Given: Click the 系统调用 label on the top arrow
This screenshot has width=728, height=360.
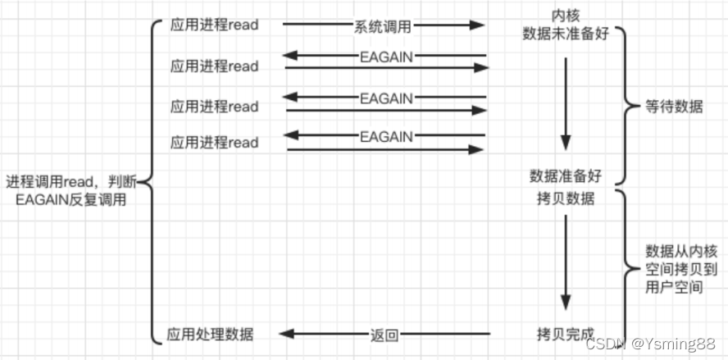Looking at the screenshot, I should click(x=383, y=25).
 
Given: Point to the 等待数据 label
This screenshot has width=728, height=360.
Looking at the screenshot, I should click(x=675, y=107).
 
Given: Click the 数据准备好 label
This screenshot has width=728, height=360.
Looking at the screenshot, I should click(x=566, y=175).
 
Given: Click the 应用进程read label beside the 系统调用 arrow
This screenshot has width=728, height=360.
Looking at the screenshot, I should click(x=214, y=25).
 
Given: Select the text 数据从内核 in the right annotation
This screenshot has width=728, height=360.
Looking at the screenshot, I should click(x=675, y=251).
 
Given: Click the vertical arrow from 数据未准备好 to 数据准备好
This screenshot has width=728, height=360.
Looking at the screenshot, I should click(x=565, y=98).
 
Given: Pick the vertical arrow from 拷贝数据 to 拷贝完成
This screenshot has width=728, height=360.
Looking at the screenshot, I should click(x=565, y=262).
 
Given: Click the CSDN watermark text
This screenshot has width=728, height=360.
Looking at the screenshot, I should click(x=612, y=343).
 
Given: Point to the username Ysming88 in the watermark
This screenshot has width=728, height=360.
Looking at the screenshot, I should click(x=685, y=343).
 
